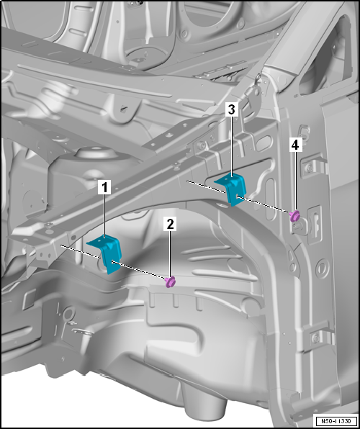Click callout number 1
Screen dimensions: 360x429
(104, 188)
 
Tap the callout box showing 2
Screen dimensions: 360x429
(170, 225)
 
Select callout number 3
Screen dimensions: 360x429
(232, 109)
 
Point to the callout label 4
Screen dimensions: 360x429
(295, 145)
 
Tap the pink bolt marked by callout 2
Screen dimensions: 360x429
(171, 281)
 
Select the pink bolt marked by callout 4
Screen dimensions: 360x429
(295, 216)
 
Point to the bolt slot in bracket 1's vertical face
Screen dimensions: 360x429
(112, 262)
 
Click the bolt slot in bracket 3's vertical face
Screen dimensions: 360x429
(237, 197)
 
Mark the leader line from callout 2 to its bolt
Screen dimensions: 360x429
(170, 254)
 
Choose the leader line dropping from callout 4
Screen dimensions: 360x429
(295, 181)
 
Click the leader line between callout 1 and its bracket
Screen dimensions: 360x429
(104, 214)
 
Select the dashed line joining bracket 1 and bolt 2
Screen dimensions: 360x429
(140, 271)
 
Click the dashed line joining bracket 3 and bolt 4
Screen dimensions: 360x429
(264, 204)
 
